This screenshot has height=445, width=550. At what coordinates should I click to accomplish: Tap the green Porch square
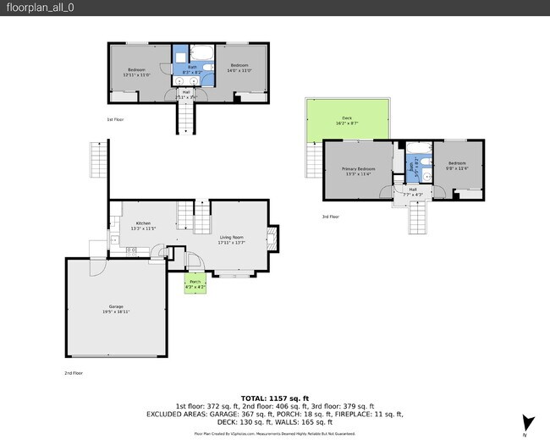click(195, 284)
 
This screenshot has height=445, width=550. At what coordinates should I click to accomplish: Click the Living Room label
click(231, 240)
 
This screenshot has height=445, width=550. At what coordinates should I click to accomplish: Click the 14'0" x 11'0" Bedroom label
click(239, 68)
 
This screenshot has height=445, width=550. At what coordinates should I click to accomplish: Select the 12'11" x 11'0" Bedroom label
click(136, 72)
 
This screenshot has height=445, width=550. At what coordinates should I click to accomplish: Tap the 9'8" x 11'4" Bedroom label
click(457, 166)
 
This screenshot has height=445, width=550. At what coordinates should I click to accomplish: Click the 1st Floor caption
click(115, 119)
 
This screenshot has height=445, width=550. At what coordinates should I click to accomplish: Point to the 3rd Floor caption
click(330, 217)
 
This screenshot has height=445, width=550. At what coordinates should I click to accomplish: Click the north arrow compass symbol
click(529, 422)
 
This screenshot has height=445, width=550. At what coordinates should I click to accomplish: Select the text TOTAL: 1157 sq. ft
click(275, 398)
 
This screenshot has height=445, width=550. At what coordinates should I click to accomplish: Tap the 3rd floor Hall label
click(413, 191)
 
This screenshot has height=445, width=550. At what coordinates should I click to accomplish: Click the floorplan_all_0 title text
click(30, 8)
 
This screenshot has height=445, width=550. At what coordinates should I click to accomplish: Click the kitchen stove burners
click(131, 251)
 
